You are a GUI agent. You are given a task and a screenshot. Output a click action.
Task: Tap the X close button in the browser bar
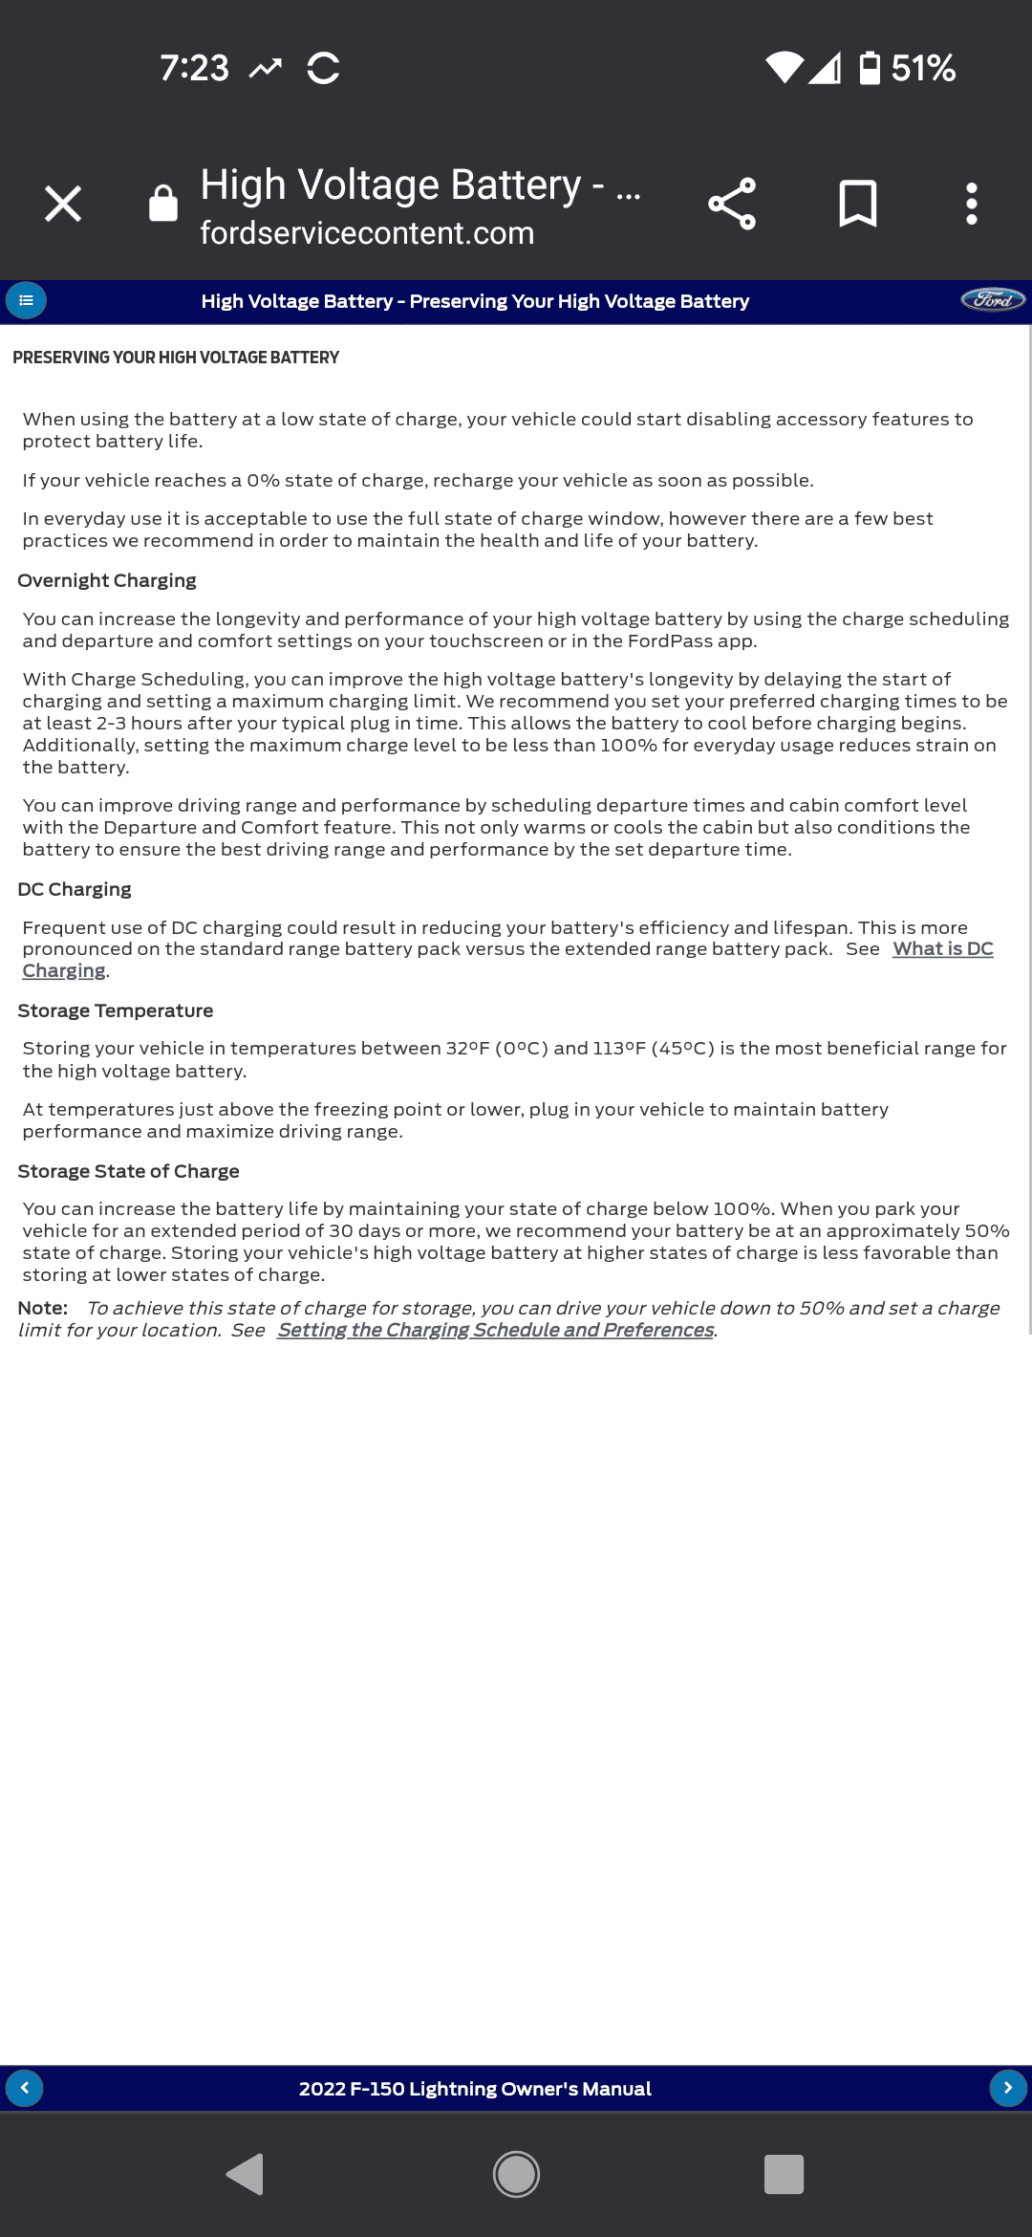point(63,204)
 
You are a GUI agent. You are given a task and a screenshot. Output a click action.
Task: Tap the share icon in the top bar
point(732,204)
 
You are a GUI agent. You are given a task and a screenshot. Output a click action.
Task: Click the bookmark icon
point(857,204)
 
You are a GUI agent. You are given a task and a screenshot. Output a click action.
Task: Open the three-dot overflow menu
point(971,204)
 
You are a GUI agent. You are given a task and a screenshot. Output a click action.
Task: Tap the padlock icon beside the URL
point(163,204)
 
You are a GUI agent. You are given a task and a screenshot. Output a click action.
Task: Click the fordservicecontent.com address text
point(367,233)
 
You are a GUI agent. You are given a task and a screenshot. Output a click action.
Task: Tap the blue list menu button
point(26,300)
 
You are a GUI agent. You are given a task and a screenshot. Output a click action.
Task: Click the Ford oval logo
point(993,300)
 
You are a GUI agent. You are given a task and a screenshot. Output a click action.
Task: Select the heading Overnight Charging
point(107,580)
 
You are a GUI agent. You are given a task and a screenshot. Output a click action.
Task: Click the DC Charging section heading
point(75,889)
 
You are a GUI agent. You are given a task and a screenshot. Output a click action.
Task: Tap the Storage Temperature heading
point(116,1010)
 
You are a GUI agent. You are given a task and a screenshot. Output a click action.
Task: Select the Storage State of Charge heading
point(128,1171)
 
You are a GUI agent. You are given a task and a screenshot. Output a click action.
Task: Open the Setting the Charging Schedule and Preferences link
point(495,1330)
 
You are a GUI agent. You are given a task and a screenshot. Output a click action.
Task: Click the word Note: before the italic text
point(43,1308)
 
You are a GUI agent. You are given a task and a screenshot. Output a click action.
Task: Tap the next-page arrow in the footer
point(1007,2088)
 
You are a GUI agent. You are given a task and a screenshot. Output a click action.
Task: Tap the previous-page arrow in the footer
point(25,2088)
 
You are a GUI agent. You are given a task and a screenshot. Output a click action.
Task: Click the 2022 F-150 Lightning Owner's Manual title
point(475,2089)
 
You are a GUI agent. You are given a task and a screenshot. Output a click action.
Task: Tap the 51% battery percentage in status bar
point(922,68)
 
